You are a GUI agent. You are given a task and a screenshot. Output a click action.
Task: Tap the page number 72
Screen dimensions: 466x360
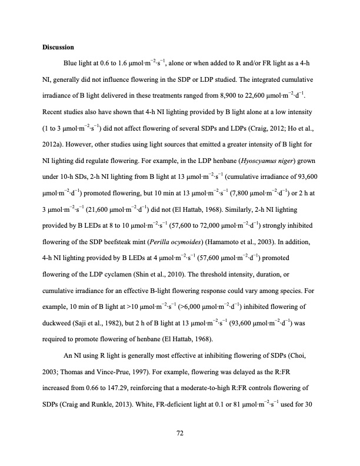coord(180,434)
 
